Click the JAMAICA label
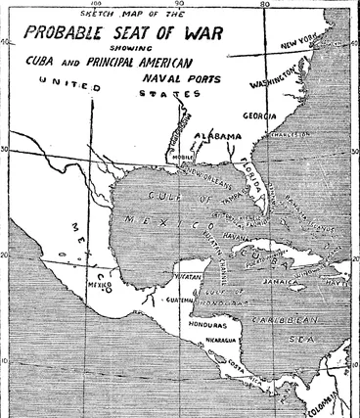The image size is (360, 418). [281, 281]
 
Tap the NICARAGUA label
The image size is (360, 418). [221, 340]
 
